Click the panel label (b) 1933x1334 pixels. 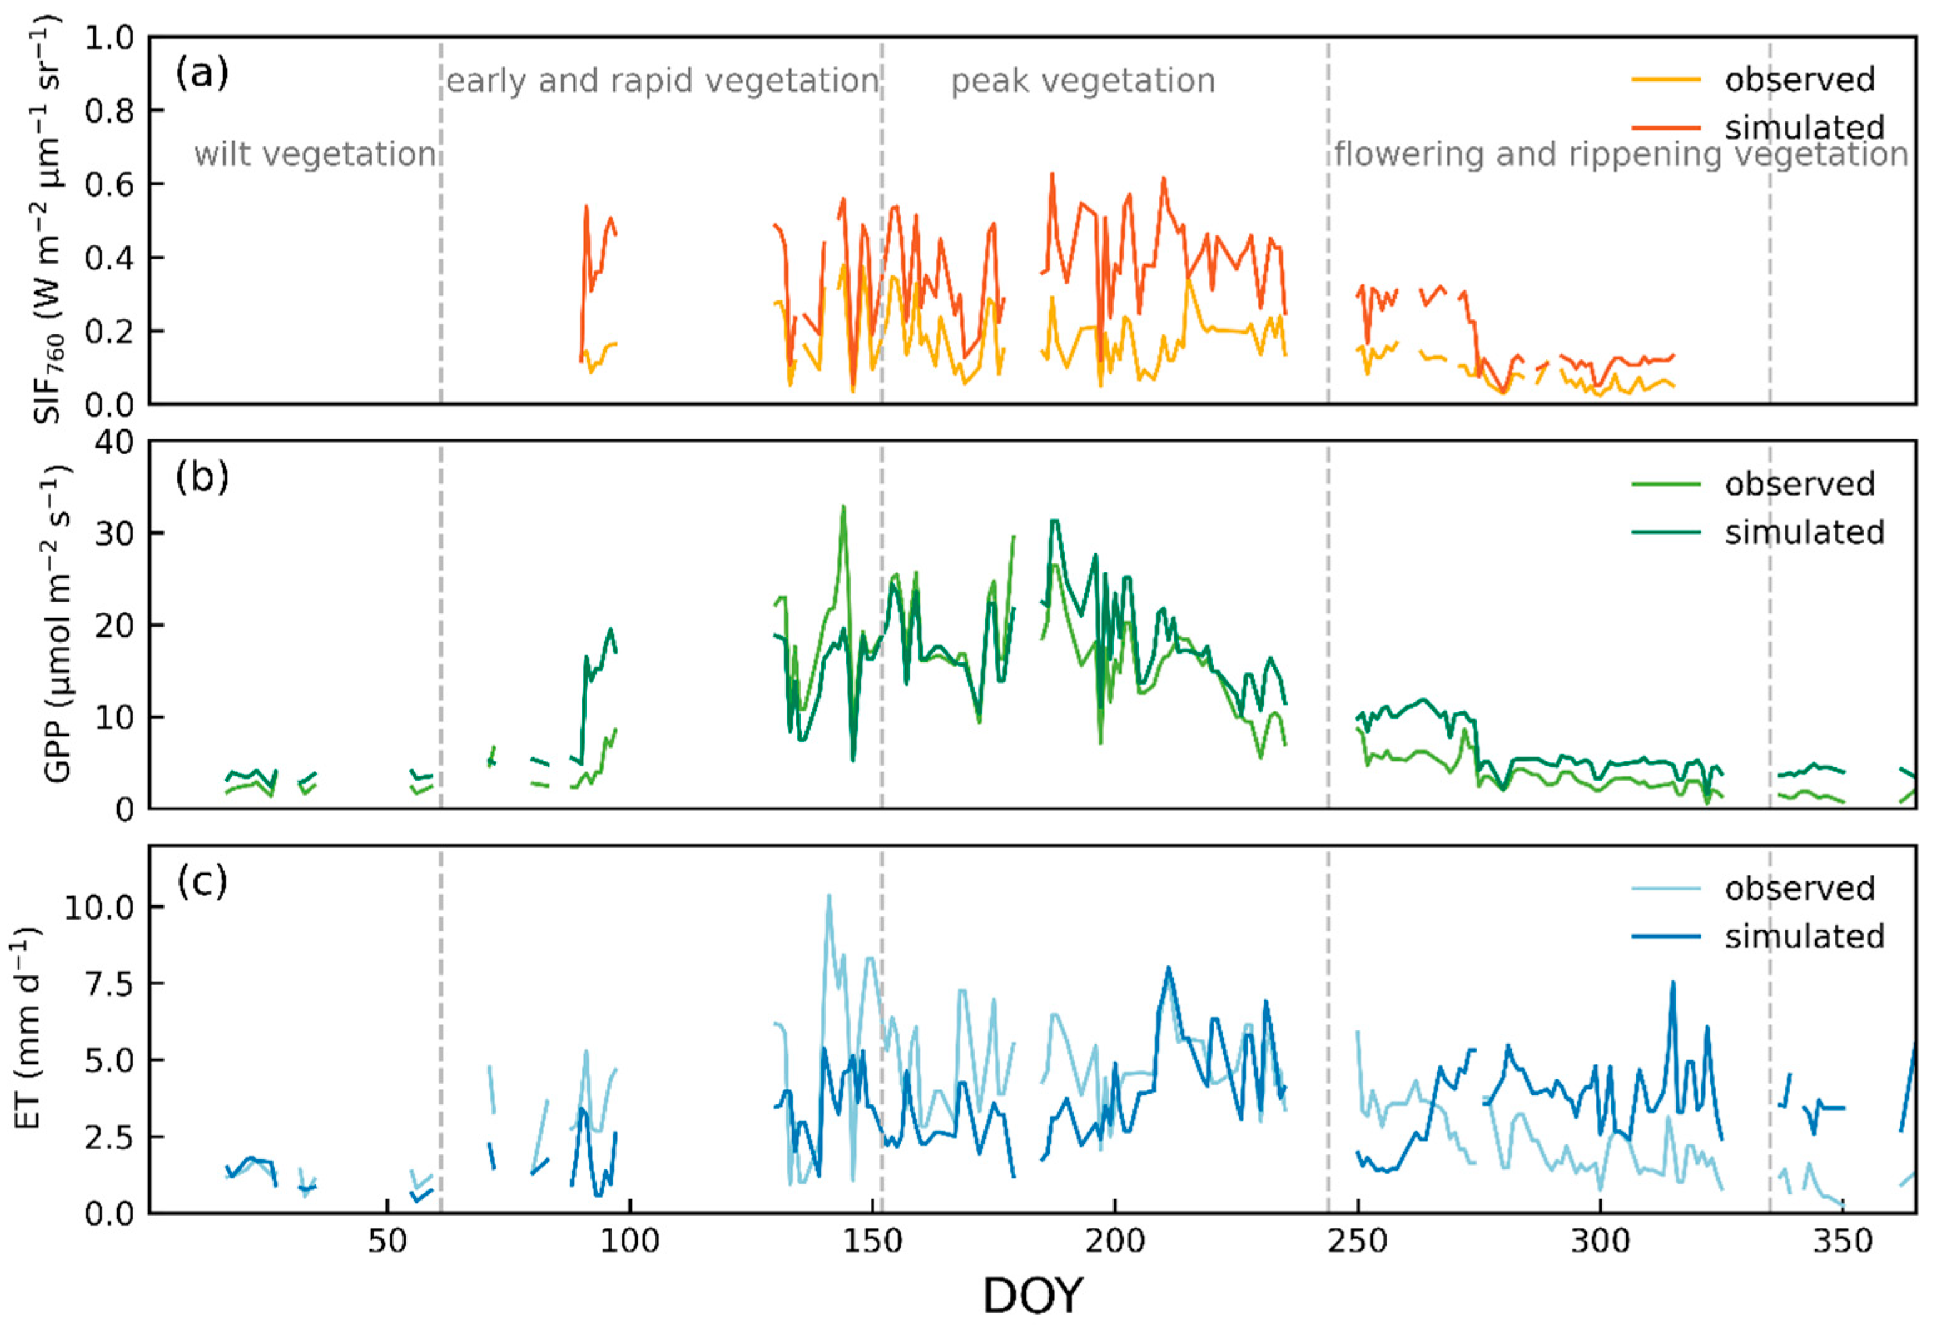[202, 478]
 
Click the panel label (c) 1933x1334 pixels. [202, 883]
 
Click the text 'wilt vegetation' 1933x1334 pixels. [315, 155]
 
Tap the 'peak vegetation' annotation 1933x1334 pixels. [1083, 82]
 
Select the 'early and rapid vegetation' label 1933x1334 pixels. [662, 82]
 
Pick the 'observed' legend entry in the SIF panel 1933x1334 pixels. [1798, 80]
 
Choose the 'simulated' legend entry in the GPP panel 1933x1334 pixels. [1803, 533]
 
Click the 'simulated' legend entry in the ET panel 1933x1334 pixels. [1803, 936]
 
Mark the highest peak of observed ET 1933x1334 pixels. [828, 895]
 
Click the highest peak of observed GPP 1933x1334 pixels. [843, 506]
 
